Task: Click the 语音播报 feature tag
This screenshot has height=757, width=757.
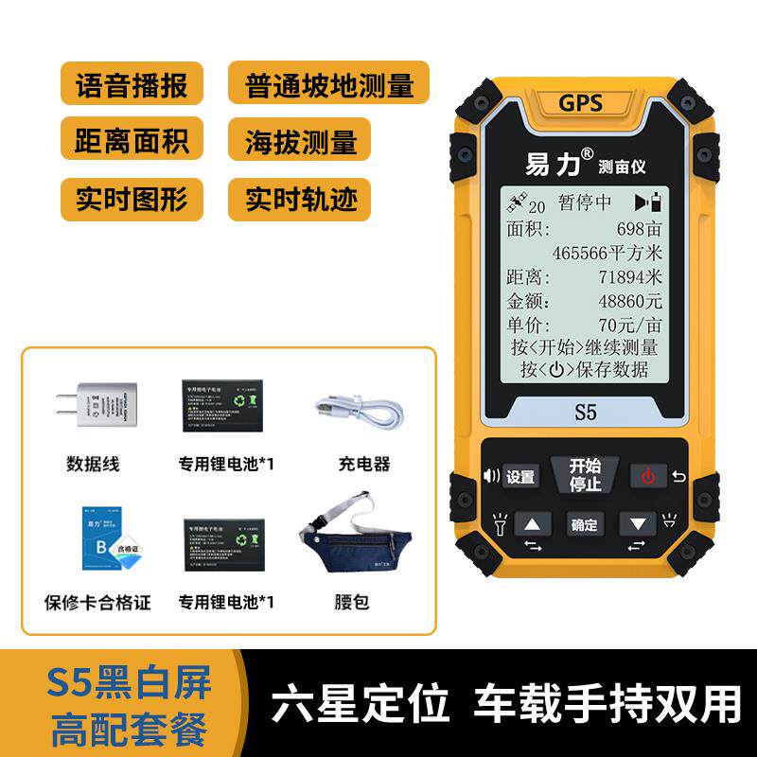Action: click(132, 84)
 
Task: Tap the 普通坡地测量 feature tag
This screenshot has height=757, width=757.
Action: click(328, 84)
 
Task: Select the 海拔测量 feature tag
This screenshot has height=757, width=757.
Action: click(300, 142)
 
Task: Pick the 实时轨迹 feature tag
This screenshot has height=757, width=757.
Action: click(300, 200)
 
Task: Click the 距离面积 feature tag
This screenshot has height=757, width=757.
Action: click(132, 142)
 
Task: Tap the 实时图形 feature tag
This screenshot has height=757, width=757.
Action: click(132, 200)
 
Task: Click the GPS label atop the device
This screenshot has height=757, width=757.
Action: click(580, 103)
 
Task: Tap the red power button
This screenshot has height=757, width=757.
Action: click(648, 476)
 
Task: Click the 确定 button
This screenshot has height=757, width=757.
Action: click(584, 523)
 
